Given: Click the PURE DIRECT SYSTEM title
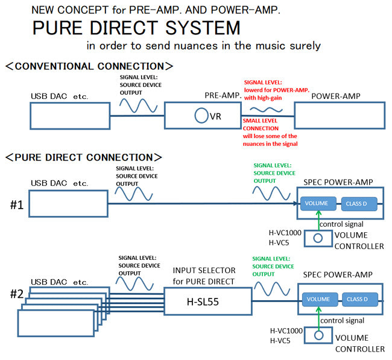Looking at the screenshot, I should coord(136,28).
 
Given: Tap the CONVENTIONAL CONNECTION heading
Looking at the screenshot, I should coord(89,66).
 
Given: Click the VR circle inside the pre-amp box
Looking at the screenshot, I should coord(201,116).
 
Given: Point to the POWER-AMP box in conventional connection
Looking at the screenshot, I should coord(338,115).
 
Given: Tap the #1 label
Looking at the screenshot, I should coord(16,204).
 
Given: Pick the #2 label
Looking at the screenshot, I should coord(17,294).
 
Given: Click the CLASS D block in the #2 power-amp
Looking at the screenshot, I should coord(359,299).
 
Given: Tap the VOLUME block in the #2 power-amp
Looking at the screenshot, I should coord(318,299).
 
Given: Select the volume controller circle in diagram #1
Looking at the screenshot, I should coord(318,238).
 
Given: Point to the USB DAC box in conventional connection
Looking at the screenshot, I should coord(69,115).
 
